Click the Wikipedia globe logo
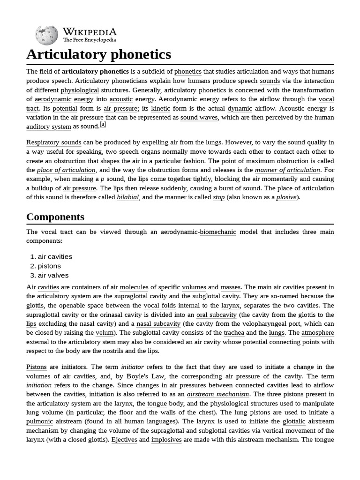pos(46,35)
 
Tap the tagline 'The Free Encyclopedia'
pos(90,40)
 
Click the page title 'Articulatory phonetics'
pos(98,55)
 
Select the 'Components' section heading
pos(55,217)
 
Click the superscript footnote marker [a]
pos(103,125)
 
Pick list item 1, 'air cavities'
pos(55,256)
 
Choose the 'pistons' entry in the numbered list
pos(49,266)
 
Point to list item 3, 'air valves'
pos(53,275)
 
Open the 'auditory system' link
pos(49,127)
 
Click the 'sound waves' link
pos(199,117)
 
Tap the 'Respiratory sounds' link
pos(53,142)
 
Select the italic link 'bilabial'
pos(127,197)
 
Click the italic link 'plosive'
pos(286,197)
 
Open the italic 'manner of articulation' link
pos(294,170)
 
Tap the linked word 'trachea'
pos(233,333)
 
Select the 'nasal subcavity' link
pos(158,324)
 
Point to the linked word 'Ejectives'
pos(124,440)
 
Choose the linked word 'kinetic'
pos(160,108)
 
